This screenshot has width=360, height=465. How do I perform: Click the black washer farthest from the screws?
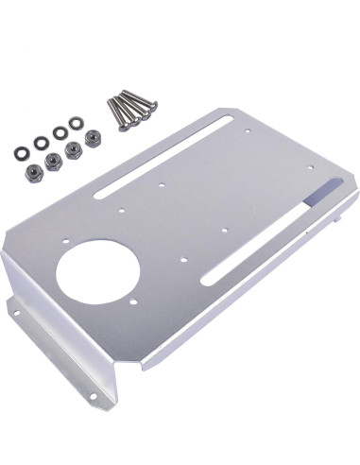(18, 151)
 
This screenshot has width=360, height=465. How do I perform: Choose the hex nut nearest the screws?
(92, 137)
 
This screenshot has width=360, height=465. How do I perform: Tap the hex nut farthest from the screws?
(30, 173)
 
